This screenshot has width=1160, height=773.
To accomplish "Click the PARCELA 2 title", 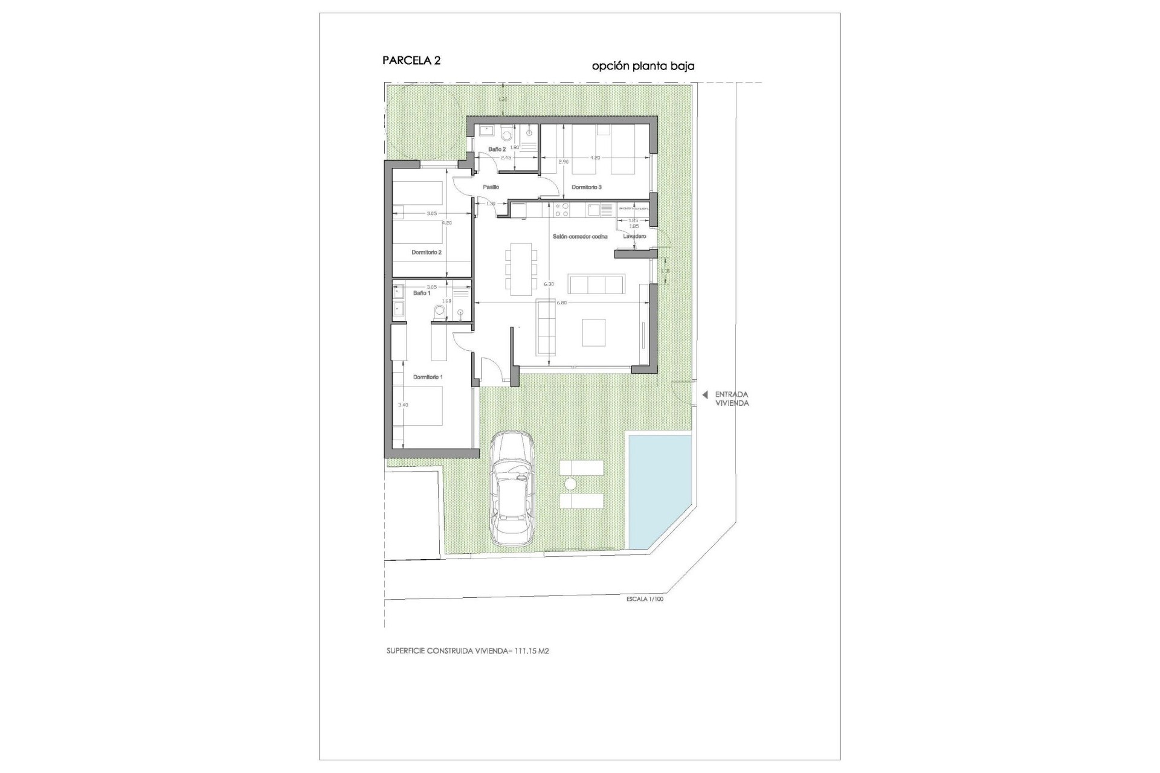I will [411, 60].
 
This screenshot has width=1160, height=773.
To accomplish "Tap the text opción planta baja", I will [643, 66].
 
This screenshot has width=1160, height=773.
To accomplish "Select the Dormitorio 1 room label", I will [428, 377].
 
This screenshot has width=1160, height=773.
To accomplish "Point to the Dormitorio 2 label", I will [427, 252].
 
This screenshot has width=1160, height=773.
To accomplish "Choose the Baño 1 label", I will [422, 293].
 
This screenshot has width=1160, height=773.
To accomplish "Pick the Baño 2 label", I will [497, 149].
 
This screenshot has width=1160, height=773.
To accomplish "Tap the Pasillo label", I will [491, 187].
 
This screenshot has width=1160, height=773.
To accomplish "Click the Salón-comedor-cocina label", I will [580, 237].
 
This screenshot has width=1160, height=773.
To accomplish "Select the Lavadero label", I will [634, 236].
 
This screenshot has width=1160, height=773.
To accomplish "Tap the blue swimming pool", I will [659, 489].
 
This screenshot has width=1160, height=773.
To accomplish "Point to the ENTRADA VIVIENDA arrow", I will [704, 395].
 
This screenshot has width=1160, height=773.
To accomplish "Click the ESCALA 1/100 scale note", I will [645, 600].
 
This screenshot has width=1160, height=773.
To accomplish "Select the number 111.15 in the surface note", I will [527, 652].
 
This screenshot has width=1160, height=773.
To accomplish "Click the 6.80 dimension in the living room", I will [561, 303].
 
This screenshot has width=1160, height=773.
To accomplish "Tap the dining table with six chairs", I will [521, 269].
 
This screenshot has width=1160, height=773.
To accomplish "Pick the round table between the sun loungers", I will [570, 484].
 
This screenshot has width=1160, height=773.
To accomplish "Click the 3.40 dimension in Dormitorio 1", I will [403, 405].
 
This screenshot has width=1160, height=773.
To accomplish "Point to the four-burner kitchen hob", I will [561, 210].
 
